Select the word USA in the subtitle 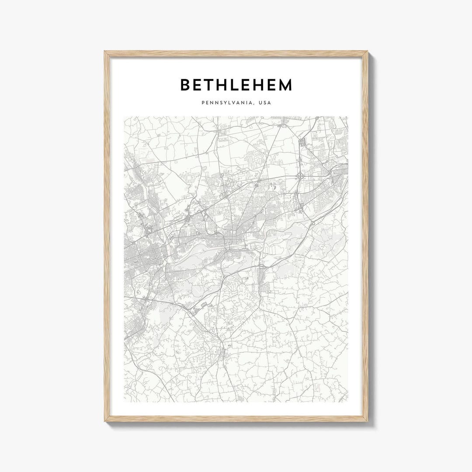coord(264,103)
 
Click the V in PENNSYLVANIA coord(234,103)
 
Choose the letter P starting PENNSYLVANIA coord(203,103)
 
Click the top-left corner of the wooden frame coord(105,52)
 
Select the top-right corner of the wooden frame coord(368,52)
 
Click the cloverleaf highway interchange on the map coord(301,176)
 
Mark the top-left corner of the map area coord(125,117)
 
